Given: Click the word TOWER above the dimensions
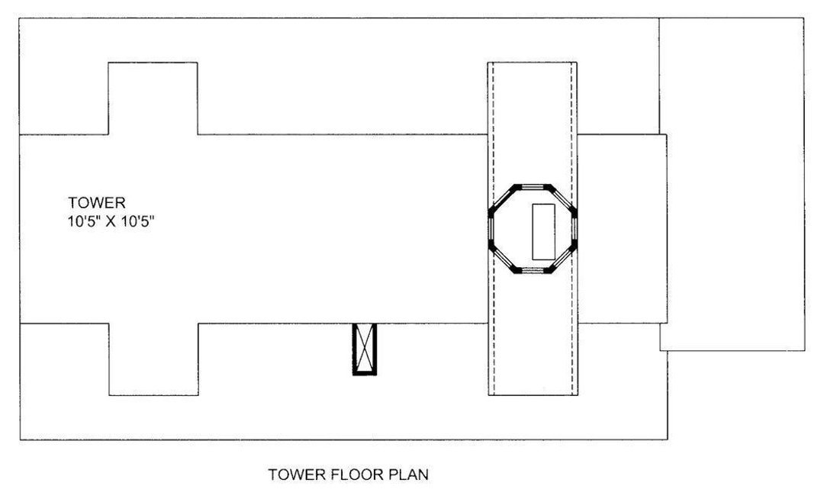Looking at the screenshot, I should click(96, 203).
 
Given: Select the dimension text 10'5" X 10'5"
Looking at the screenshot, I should click(117, 223).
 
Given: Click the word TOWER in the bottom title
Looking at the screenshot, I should click(297, 475).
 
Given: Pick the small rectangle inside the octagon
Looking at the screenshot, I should click(542, 230).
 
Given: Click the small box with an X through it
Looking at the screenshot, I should click(365, 349).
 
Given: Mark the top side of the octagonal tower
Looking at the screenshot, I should click(533, 185).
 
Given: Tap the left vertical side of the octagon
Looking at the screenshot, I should click(491, 227).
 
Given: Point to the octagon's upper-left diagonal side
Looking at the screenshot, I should click(503, 198).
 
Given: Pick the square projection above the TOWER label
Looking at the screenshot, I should click(153, 98).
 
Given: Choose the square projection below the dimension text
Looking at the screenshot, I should click(154, 359).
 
